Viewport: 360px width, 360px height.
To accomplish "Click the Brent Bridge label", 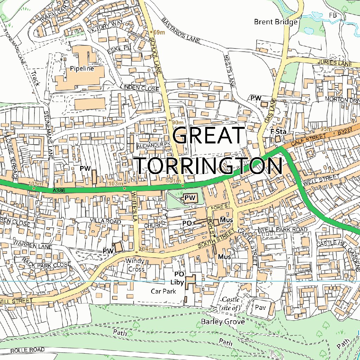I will click(276, 22).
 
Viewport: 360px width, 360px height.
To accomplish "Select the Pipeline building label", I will click(82, 69).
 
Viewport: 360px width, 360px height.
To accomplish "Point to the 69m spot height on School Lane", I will click(159, 32).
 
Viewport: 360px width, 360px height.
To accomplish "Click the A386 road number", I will click(60, 190).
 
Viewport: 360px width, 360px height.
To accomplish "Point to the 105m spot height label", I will click(35, 184).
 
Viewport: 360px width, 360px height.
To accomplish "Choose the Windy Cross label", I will click(136, 265).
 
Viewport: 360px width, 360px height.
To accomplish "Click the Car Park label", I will click(163, 291).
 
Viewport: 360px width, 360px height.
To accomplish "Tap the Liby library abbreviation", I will click(178, 282).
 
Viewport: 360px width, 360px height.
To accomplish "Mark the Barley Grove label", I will click(223, 322).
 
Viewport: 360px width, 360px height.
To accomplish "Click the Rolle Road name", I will click(27, 350).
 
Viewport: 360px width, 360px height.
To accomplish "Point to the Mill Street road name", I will click(16, 301).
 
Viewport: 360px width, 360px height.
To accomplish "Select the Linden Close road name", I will click(139, 88).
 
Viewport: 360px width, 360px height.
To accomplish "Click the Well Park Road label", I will click(284, 230).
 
